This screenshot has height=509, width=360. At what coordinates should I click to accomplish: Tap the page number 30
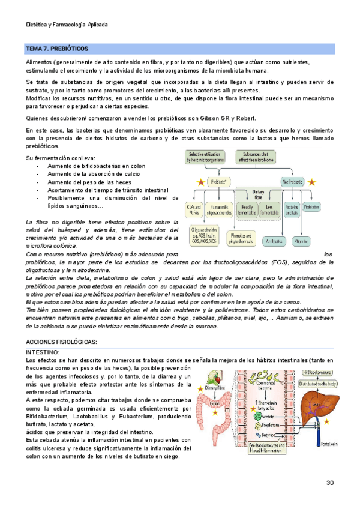[330, 483]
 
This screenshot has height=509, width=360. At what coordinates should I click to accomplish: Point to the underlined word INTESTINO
[42, 351]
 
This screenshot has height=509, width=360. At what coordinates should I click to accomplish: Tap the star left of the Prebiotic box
[200, 182]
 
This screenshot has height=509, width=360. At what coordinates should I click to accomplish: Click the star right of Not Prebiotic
[312, 181]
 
